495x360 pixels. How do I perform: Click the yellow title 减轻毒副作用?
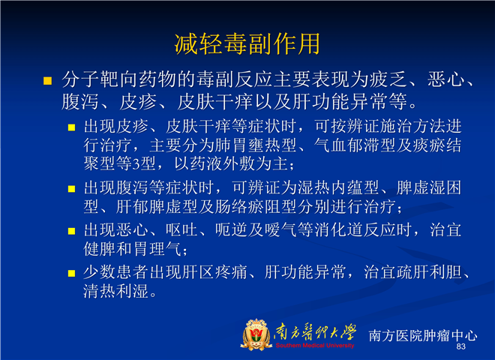coord(247,43)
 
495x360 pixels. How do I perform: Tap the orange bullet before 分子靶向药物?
coord(47,81)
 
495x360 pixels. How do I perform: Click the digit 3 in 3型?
coord(136,164)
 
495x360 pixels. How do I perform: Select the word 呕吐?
coord(181,230)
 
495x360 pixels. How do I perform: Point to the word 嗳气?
coord(280,230)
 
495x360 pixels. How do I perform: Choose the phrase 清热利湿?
coord(115,291)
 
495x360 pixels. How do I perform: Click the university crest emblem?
coord(256,334)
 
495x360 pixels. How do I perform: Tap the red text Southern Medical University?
coord(315,346)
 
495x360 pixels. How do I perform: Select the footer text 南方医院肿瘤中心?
coord(423,335)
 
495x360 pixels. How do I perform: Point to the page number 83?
coord(461,346)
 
